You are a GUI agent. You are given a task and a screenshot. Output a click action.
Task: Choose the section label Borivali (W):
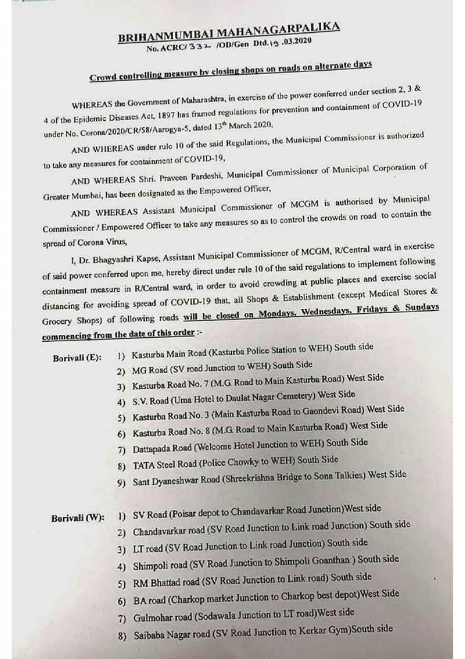(77, 518)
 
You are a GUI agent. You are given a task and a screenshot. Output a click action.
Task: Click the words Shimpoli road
(162, 564)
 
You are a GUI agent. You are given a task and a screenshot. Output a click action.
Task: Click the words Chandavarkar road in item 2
(167, 531)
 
